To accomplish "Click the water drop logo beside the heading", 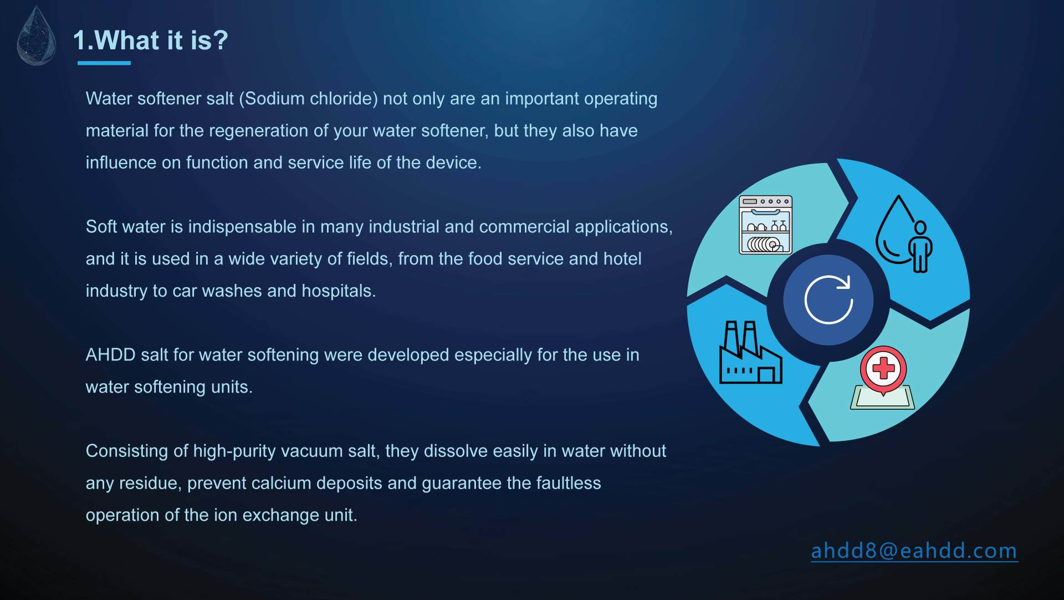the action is (x=37, y=37).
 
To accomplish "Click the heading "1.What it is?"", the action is (x=150, y=40).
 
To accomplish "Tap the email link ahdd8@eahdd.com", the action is (x=914, y=551).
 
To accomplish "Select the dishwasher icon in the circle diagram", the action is (x=765, y=225).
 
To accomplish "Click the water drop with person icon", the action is (x=903, y=233).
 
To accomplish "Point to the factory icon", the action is (x=750, y=353).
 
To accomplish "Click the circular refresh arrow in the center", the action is (x=828, y=300).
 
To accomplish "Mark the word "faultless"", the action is (x=569, y=484).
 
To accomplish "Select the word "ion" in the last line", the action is (x=226, y=515).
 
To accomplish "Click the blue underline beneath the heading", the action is (x=104, y=63).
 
